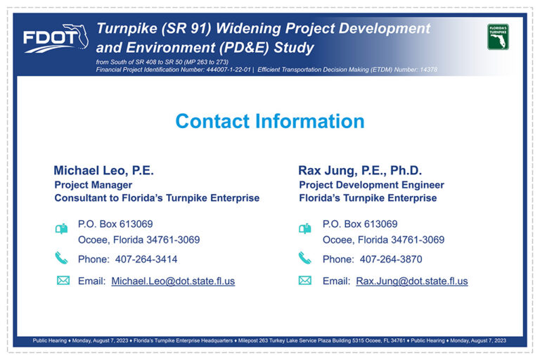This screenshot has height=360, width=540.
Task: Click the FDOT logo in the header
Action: pyautogui.click(x=56, y=38)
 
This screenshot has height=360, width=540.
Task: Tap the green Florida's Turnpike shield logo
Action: pyautogui.click(x=498, y=37)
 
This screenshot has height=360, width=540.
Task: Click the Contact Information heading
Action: pyautogui.click(x=270, y=121)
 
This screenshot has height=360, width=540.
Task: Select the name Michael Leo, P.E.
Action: pyautogui.click(x=103, y=170)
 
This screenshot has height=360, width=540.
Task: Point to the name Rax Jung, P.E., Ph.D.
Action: pyautogui.click(x=360, y=170)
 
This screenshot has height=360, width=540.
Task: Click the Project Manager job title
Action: pyautogui.click(x=94, y=185)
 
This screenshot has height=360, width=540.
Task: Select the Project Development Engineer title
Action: pyautogui.click(x=371, y=185)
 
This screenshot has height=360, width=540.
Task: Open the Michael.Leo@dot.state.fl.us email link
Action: pyautogui.click(x=173, y=281)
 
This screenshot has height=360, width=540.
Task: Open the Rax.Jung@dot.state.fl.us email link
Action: pyautogui.click(x=412, y=281)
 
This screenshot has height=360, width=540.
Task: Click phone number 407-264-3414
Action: pyautogui.click(x=146, y=259)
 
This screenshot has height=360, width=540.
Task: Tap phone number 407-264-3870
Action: pyautogui.click(x=391, y=259)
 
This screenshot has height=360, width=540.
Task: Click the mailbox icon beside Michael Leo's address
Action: pyautogui.click(x=62, y=229)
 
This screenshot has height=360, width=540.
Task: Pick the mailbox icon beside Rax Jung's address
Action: pyautogui.click(x=304, y=229)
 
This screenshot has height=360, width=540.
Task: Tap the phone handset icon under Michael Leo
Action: pyautogui.click(x=61, y=257)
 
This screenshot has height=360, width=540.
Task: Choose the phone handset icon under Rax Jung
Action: pyautogui.click(x=304, y=257)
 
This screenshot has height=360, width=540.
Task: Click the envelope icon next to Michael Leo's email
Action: pyautogui.click(x=63, y=281)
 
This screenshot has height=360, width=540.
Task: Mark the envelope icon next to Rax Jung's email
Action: pyautogui.click(x=304, y=281)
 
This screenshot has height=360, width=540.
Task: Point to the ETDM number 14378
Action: pyautogui.click(x=428, y=70)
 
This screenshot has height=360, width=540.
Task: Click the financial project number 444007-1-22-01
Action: pyautogui.click(x=229, y=70)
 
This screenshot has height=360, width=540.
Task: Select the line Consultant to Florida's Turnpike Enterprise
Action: pyautogui.click(x=157, y=198)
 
